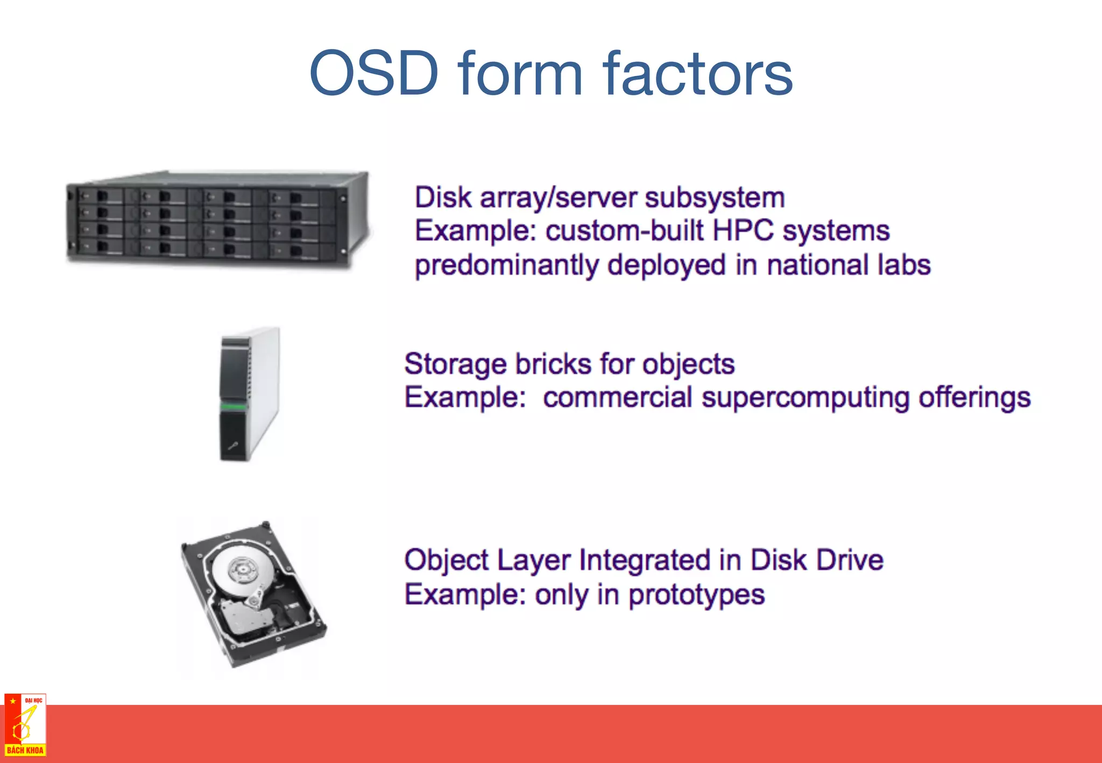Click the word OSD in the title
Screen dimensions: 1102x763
(x=375, y=73)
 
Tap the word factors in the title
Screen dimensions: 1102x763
(x=697, y=73)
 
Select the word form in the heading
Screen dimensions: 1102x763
(x=520, y=73)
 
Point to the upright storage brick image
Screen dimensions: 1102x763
(x=250, y=394)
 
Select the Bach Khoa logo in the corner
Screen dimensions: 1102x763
(x=25, y=725)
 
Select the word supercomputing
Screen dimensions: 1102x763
(x=805, y=398)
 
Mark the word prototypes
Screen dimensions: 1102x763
(x=696, y=595)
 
